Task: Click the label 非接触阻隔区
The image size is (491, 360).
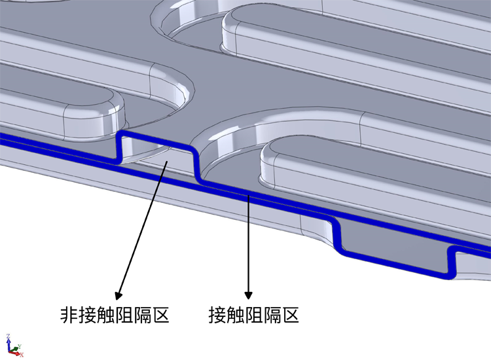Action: coord(115,315)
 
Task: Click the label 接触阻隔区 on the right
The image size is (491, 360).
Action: coord(253,315)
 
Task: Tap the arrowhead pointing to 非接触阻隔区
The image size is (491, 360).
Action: coord(118,295)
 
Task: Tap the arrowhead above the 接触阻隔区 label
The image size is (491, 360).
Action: coord(248,295)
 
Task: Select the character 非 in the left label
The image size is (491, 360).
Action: coord(69,315)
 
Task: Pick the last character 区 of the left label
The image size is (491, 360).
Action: coord(160,315)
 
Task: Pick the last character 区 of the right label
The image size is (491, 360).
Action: coord(290,315)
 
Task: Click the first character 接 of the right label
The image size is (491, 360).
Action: coord(217,315)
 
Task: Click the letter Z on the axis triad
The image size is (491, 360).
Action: coord(8,336)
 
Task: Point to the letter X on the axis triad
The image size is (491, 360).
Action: coord(22,355)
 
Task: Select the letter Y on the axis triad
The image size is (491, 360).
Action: coord(20,346)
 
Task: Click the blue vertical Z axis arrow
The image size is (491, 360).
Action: coord(9,345)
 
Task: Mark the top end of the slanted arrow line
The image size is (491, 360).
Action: coord(168,161)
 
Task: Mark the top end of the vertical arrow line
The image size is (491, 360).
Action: coord(249,195)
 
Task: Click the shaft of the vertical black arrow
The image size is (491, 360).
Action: coord(249,243)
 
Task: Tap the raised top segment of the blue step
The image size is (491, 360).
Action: coord(156,141)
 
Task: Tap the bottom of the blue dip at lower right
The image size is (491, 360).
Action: coord(395,264)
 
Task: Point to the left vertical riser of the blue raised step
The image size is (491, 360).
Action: coord(119,148)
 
